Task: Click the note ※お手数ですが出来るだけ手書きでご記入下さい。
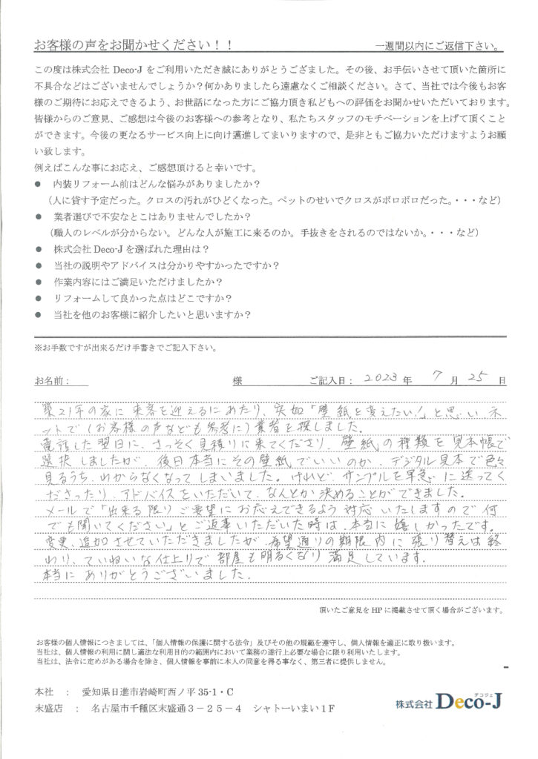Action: tap(126, 347)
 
